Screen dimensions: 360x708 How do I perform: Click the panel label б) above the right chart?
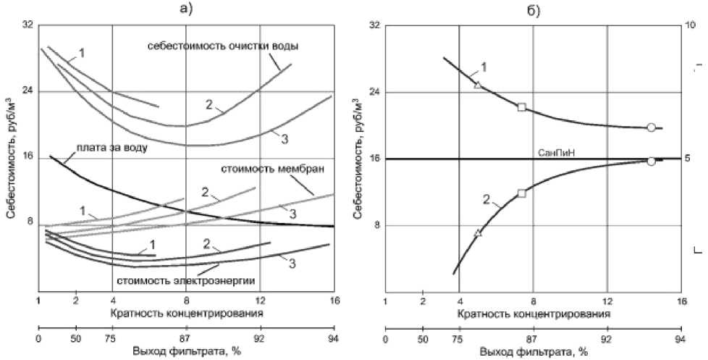click(533, 9)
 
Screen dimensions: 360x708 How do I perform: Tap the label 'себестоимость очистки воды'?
click(224, 46)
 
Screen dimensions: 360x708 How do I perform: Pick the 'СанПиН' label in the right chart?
click(557, 151)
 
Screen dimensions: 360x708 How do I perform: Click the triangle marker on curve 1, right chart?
click(478, 84)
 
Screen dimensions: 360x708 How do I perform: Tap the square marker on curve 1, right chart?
click(522, 107)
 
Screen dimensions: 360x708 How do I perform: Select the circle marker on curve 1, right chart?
click(651, 127)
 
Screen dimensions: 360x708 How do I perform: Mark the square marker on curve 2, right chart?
click(522, 193)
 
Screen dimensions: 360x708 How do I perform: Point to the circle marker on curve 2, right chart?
click(651, 161)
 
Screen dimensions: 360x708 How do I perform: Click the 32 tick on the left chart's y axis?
click(28, 25)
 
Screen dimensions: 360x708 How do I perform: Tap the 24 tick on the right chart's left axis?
click(374, 92)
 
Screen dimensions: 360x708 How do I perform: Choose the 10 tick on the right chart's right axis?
click(691, 25)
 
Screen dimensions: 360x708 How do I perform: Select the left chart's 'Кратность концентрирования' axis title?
click(186, 314)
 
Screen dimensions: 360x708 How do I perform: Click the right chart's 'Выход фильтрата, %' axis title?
click(532, 352)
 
